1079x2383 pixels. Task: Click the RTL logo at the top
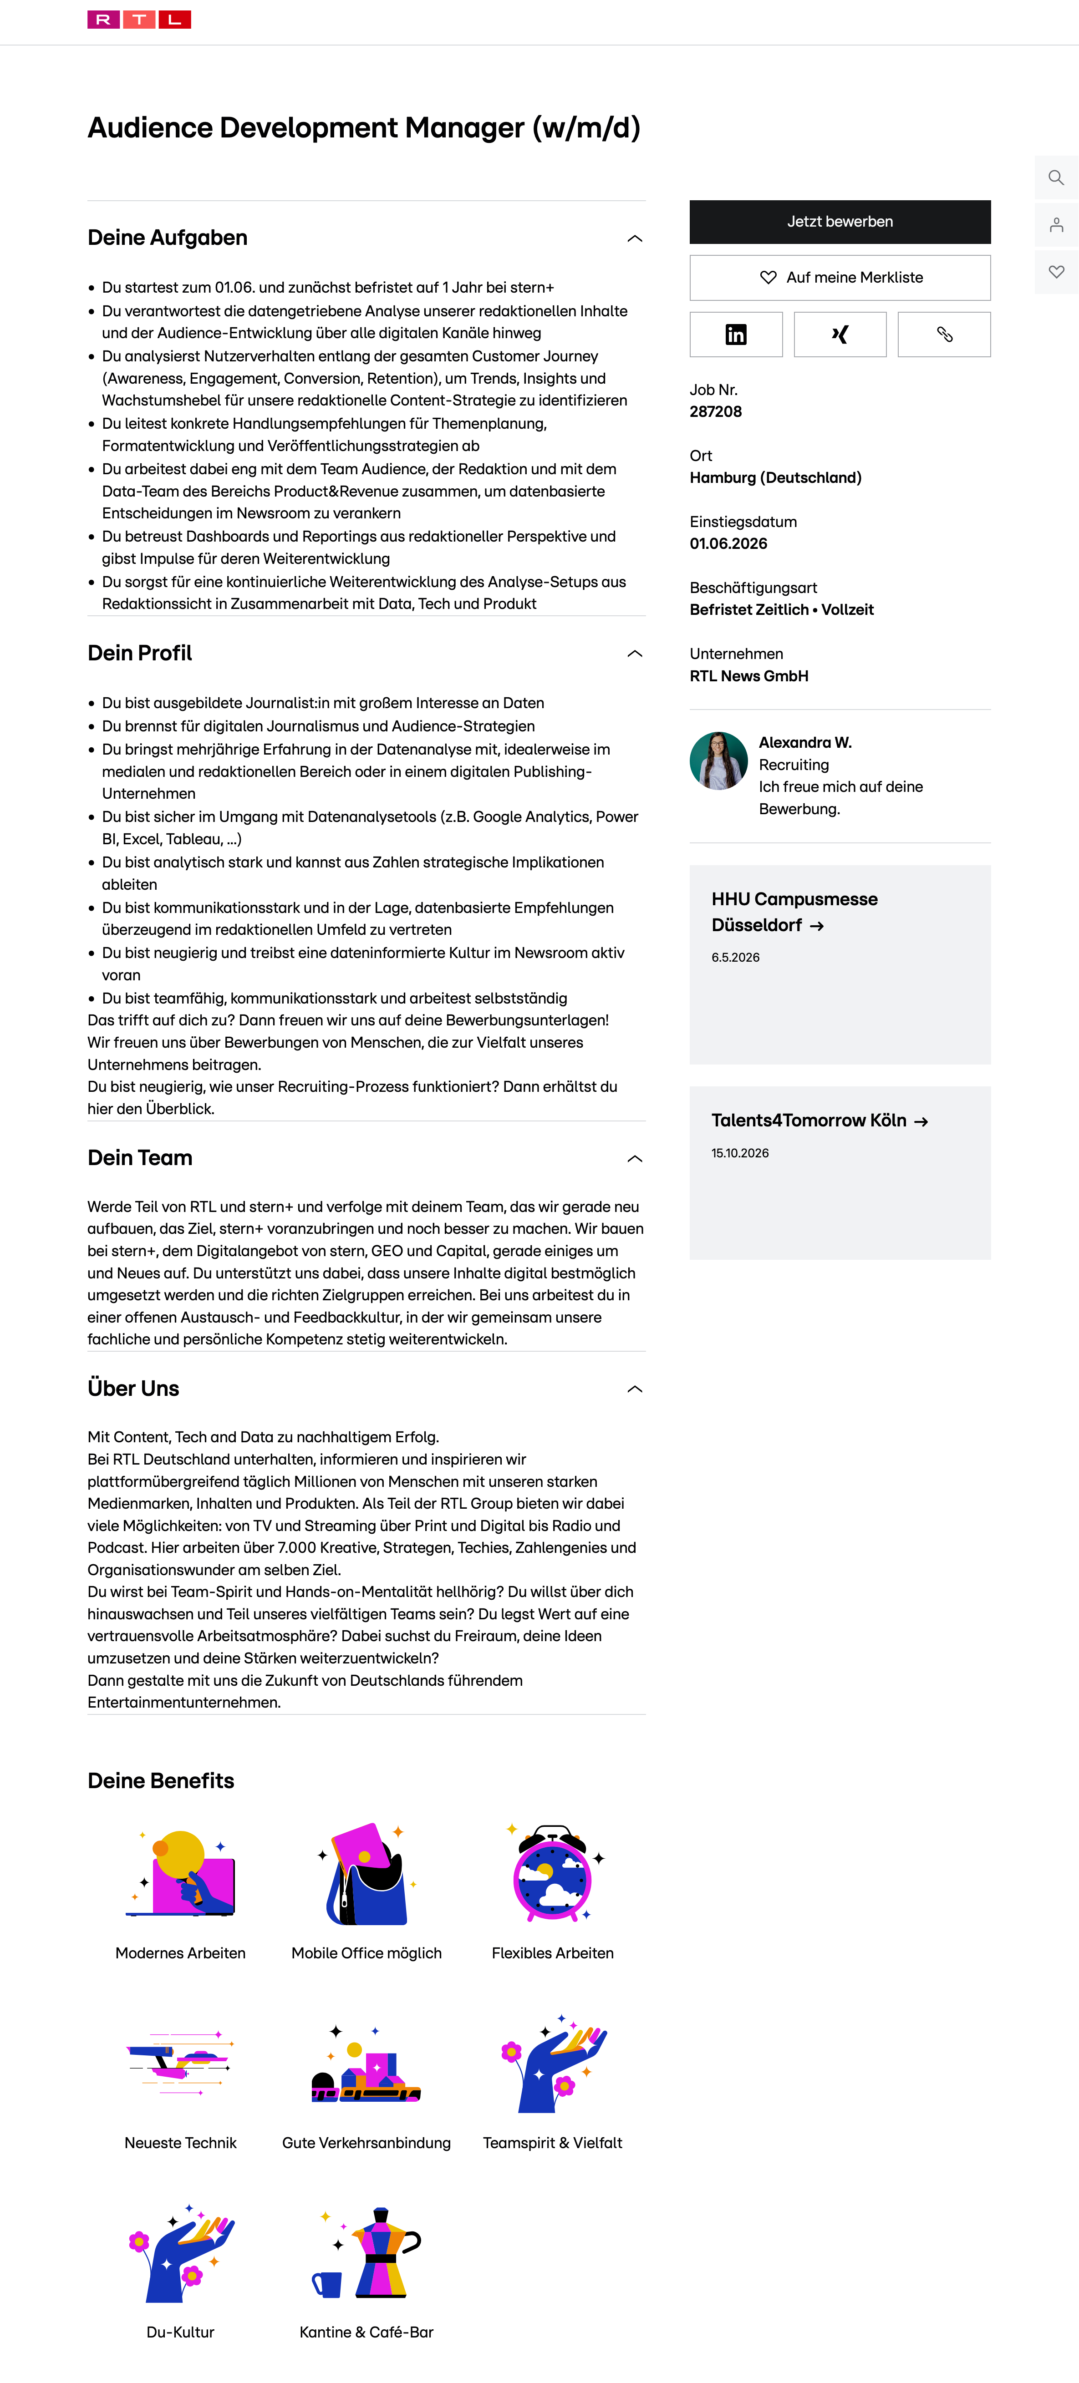139,20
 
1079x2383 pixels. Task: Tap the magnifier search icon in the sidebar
1056,177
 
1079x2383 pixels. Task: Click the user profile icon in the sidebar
1056,225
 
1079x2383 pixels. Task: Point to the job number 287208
715,412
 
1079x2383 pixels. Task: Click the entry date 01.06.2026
728,544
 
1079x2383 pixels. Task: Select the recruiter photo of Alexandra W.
718,761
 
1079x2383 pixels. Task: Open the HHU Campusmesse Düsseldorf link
794,912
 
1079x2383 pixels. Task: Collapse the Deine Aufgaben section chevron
635,238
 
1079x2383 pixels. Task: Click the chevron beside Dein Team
635,1159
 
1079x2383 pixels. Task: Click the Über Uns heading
133,1389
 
